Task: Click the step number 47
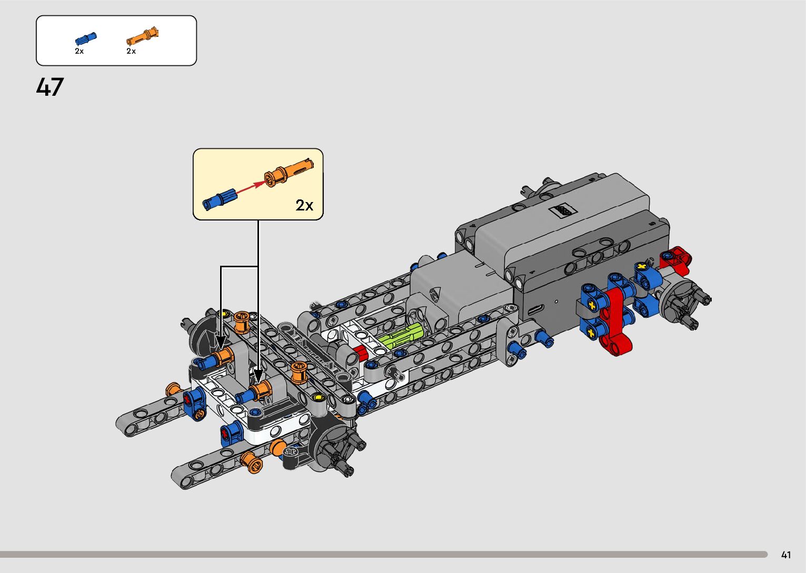pos(50,87)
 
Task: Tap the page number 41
pos(786,555)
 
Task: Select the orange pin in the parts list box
pos(143,36)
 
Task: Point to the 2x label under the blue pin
pos(79,51)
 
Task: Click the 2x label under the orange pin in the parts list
pos(131,51)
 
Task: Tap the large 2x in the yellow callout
pos(304,205)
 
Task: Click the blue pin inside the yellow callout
pos(220,199)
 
